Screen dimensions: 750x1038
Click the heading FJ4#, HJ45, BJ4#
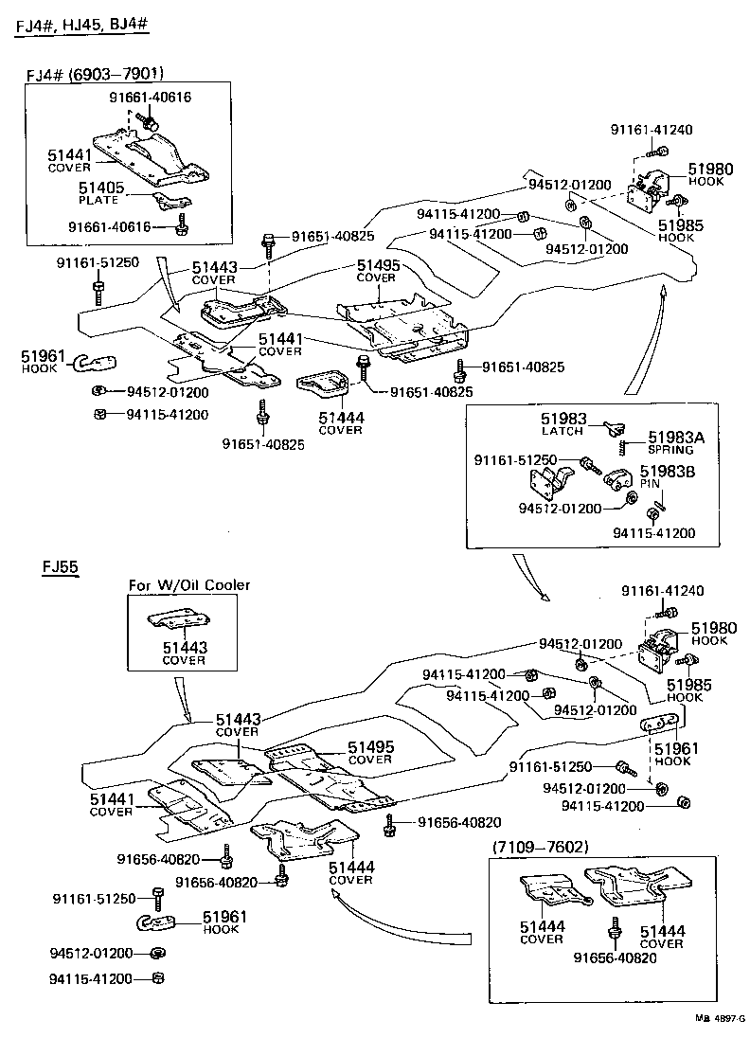coord(81,26)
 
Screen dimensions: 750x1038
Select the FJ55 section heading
coord(61,566)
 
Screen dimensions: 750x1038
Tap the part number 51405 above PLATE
coord(101,188)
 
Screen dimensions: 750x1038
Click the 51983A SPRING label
coord(675,443)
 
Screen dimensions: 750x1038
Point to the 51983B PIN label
coord(667,476)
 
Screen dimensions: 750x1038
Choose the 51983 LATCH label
coord(563,423)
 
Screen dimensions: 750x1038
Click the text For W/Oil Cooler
coord(189,585)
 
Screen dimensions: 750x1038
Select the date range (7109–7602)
coord(540,847)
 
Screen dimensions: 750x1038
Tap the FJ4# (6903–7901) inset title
coord(95,73)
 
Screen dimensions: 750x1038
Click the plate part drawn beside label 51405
coord(171,199)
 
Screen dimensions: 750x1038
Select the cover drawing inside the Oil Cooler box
coord(179,621)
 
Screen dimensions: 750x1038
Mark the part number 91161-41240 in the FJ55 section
coord(662,590)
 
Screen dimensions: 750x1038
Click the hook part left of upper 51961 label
coord(94,362)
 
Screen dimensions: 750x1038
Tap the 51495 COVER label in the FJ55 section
coord(370,753)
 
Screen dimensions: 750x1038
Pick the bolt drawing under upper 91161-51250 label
coord(98,292)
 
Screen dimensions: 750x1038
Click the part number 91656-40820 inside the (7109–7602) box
coord(615,957)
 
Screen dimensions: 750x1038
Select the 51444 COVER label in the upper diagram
coord(341,423)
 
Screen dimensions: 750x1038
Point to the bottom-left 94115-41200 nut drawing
coord(157,977)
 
